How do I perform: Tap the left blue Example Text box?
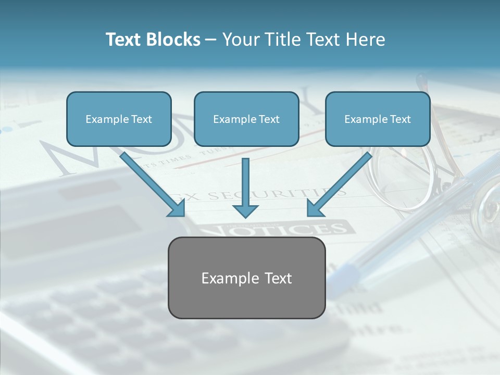click(119, 119)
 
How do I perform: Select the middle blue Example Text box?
click(246, 119)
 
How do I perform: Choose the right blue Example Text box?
click(378, 119)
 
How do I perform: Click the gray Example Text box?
click(246, 278)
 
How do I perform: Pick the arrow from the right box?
click(339, 184)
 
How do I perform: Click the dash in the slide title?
click(211, 40)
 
